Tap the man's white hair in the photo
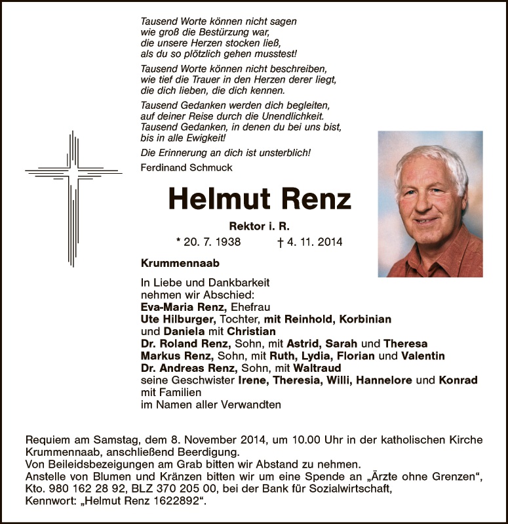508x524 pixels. click(x=429, y=161)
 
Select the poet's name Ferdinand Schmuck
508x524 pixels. click(x=187, y=167)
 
